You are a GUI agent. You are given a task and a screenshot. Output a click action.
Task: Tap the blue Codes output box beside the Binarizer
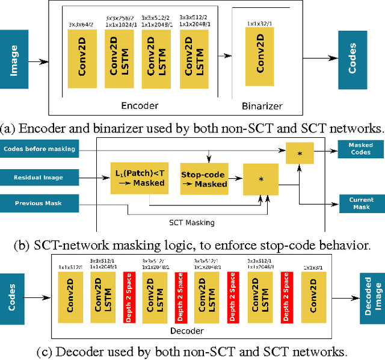point(353,58)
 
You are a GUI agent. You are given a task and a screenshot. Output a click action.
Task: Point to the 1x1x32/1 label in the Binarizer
point(260,23)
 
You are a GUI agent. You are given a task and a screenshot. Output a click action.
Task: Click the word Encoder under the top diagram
point(140,105)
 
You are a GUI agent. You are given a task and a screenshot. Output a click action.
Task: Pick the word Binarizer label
point(262,106)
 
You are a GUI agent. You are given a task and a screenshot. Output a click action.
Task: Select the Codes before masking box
point(40,149)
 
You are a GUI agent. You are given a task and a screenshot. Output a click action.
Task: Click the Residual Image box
point(40,178)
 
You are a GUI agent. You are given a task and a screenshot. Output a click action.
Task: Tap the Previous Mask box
point(40,203)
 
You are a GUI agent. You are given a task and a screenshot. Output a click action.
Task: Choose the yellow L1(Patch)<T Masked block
point(139,178)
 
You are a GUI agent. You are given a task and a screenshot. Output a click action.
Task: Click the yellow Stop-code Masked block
point(204,178)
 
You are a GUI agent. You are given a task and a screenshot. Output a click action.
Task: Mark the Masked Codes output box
point(361,149)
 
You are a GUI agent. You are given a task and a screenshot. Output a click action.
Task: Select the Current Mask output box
point(361,203)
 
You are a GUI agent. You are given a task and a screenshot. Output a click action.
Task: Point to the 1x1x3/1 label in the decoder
point(313,266)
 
